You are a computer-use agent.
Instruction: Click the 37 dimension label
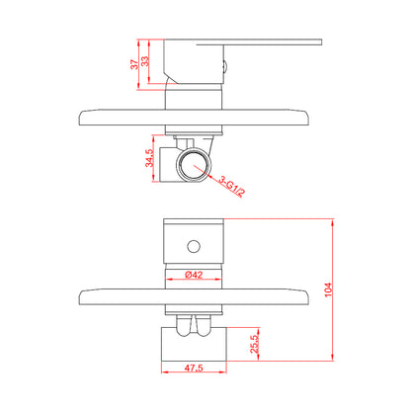tap(134, 64)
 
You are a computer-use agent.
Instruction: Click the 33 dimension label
tap(145, 61)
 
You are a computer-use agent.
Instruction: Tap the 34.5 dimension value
tap(149, 158)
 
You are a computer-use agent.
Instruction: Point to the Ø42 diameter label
tap(194, 275)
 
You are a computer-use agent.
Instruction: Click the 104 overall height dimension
tap(328, 289)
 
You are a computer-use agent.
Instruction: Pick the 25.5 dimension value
tap(254, 344)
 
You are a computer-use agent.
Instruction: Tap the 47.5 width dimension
tap(194, 368)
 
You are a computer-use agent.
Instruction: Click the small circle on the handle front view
tap(194, 246)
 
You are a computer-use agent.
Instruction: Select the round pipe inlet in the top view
tap(194, 165)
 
